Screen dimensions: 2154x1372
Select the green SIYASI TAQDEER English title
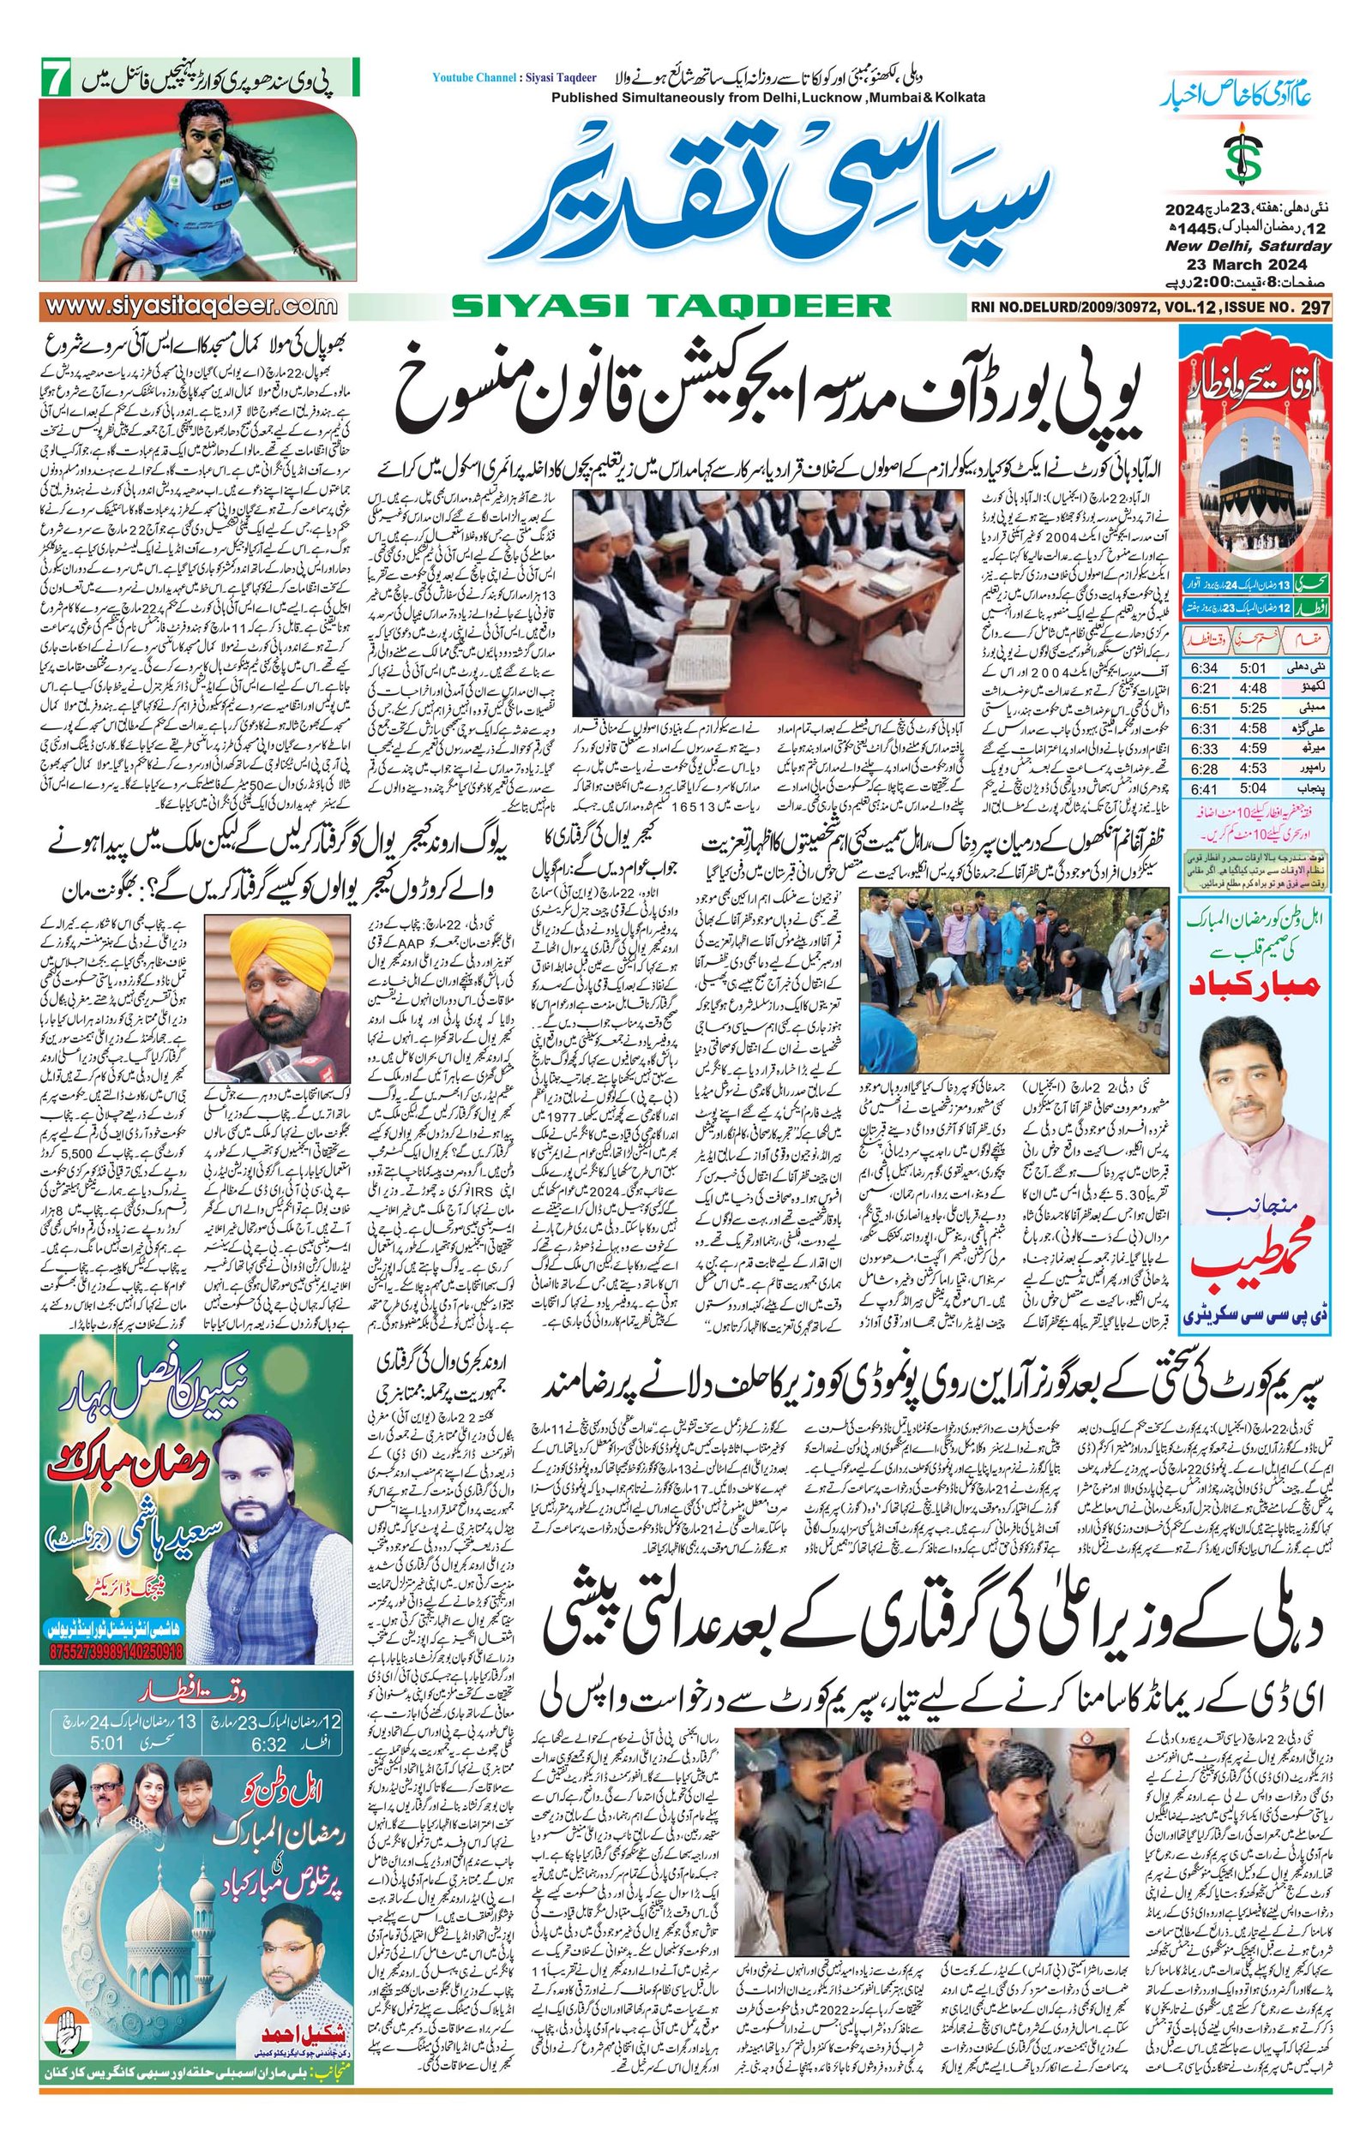tap(671, 307)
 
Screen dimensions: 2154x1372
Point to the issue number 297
tap(1313, 307)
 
